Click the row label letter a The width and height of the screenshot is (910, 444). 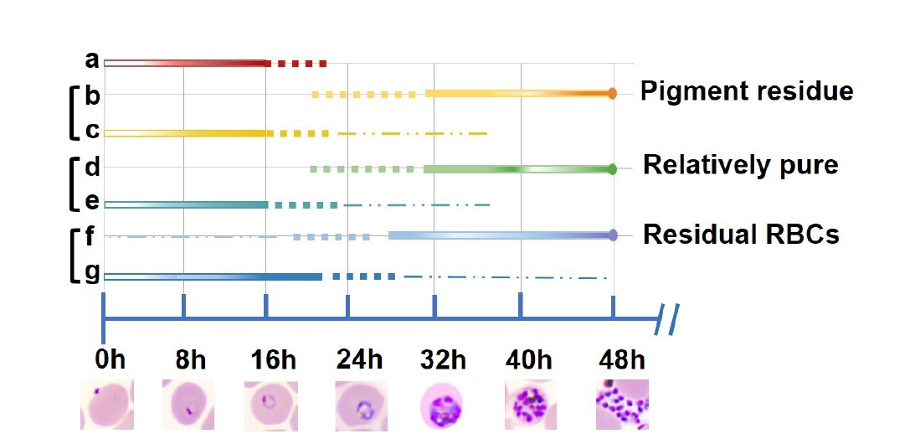pyautogui.click(x=92, y=60)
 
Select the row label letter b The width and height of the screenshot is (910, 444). pyautogui.click(x=92, y=96)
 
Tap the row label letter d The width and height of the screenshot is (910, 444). pyautogui.click(x=92, y=168)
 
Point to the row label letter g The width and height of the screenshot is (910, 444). pyautogui.click(x=92, y=273)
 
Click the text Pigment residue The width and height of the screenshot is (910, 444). pyautogui.click(x=747, y=91)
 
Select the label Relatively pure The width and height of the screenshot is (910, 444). pyautogui.click(x=740, y=165)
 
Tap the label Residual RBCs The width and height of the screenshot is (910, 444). pyautogui.click(x=741, y=235)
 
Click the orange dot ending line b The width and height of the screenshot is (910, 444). pyautogui.click(x=613, y=94)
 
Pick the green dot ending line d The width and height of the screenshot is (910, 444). pyautogui.click(x=613, y=169)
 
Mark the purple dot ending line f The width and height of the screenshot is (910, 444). pyautogui.click(x=613, y=235)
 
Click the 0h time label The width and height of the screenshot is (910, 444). pyautogui.click(x=110, y=361)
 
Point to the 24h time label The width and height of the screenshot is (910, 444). pyautogui.click(x=360, y=361)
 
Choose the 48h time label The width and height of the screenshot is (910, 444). pyautogui.click(x=622, y=361)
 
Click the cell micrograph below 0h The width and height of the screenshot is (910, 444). pyautogui.click(x=107, y=405)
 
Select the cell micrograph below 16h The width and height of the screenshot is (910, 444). pyautogui.click(x=270, y=405)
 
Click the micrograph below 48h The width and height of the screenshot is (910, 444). pyautogui.click(x=621, y=405)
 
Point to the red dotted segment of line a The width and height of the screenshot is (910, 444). pyautogui.click(x=297, y=63)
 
